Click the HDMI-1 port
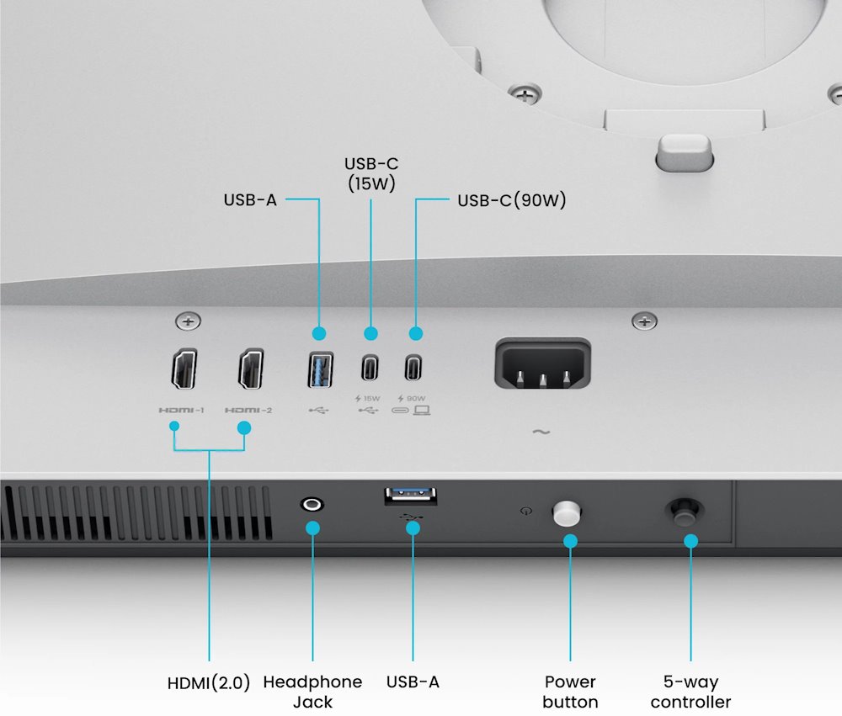point(185,369)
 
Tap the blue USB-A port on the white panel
point(320,369)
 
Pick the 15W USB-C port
point(370,368)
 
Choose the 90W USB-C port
point(413,368)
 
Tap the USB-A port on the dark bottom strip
point(411,496)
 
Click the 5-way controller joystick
point(684,510)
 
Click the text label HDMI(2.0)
point(209,682)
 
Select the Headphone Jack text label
point(312,691)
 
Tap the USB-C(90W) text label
point(511,201)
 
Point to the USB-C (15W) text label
point(370,172)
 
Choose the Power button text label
point(570,691)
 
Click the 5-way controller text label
point(690,691)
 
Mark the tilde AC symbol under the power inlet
point(541,432)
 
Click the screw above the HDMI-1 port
point(187,321)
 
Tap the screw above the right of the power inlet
point(644,321)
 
